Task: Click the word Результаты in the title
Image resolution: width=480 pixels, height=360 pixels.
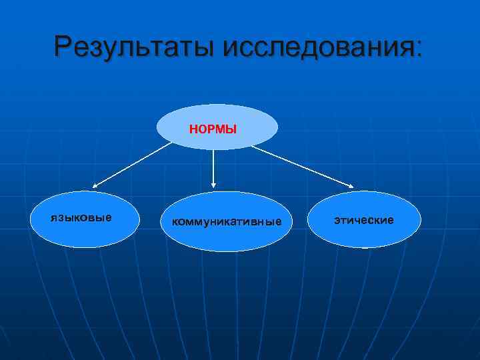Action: click(x=136, y=47)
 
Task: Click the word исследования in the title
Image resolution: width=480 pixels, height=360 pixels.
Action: click(x=318, y=47)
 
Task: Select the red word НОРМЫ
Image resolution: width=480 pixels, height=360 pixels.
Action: click(x=213, y=129)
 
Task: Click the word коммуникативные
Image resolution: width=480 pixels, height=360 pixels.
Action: click(x=227, y=221)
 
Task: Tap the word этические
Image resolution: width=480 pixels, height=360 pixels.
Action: click(x=364, y=219)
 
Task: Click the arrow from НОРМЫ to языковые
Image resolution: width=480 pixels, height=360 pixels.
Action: click(x=133, y=165)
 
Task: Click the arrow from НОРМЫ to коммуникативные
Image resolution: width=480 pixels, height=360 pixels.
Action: click(x=213, y=167)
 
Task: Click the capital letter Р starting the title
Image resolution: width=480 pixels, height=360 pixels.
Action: click(x=64, y=47)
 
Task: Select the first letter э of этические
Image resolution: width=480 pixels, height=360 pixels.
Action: click(x=337, y=220)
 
